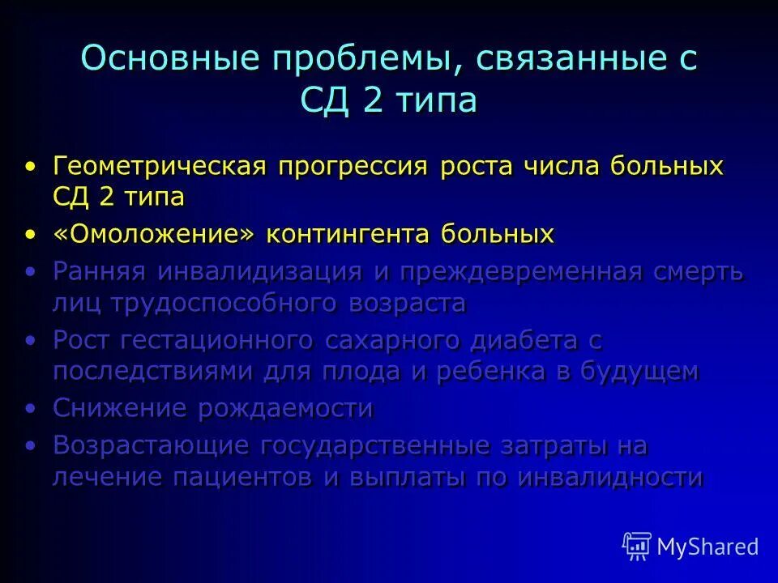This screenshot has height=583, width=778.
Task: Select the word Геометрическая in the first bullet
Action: click(x=160, y=167)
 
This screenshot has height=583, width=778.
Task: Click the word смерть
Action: click(x=698, y=271)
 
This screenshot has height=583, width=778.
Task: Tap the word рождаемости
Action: click(x=285, y=408)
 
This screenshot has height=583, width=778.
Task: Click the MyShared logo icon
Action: click(x=636, y=546)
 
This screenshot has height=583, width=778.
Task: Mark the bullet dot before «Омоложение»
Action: click(x=31, y=235)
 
